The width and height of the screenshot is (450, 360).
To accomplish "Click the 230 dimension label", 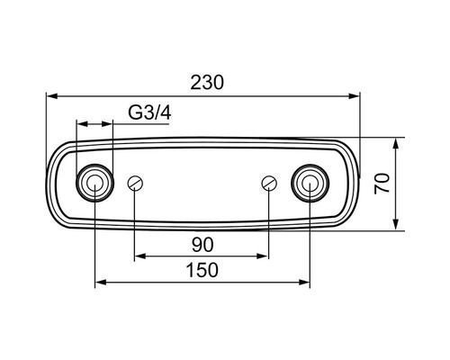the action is [x=207, y=83].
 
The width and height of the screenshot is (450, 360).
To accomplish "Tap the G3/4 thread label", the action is [x=149, y=113].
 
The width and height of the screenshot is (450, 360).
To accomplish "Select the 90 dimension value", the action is [x=202, y=245].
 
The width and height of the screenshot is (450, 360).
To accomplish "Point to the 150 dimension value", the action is [x=202, y=270].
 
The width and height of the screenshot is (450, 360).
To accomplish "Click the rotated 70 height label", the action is [x=382, y=184].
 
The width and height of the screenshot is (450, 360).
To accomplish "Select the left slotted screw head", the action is [x=135, y=183].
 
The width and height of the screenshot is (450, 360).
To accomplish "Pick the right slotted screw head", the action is [x=269, y=183].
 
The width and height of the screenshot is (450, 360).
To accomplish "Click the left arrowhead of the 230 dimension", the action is [x=52, y=96].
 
